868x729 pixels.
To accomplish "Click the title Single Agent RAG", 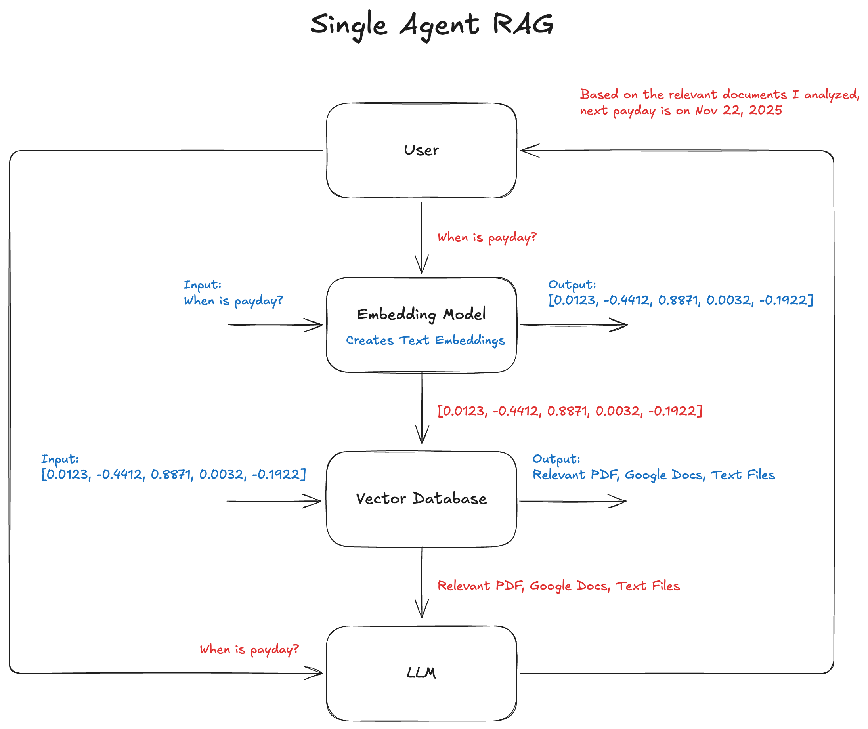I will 432,25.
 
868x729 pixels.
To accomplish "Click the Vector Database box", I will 421,499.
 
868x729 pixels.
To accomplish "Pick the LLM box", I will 421,673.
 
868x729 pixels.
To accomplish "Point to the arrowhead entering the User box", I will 529,151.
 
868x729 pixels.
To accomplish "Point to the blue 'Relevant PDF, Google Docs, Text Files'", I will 654,475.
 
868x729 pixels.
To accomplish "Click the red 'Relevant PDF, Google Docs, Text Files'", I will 558,586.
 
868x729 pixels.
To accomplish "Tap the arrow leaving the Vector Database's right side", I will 572,501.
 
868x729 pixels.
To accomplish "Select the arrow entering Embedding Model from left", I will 275,325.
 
